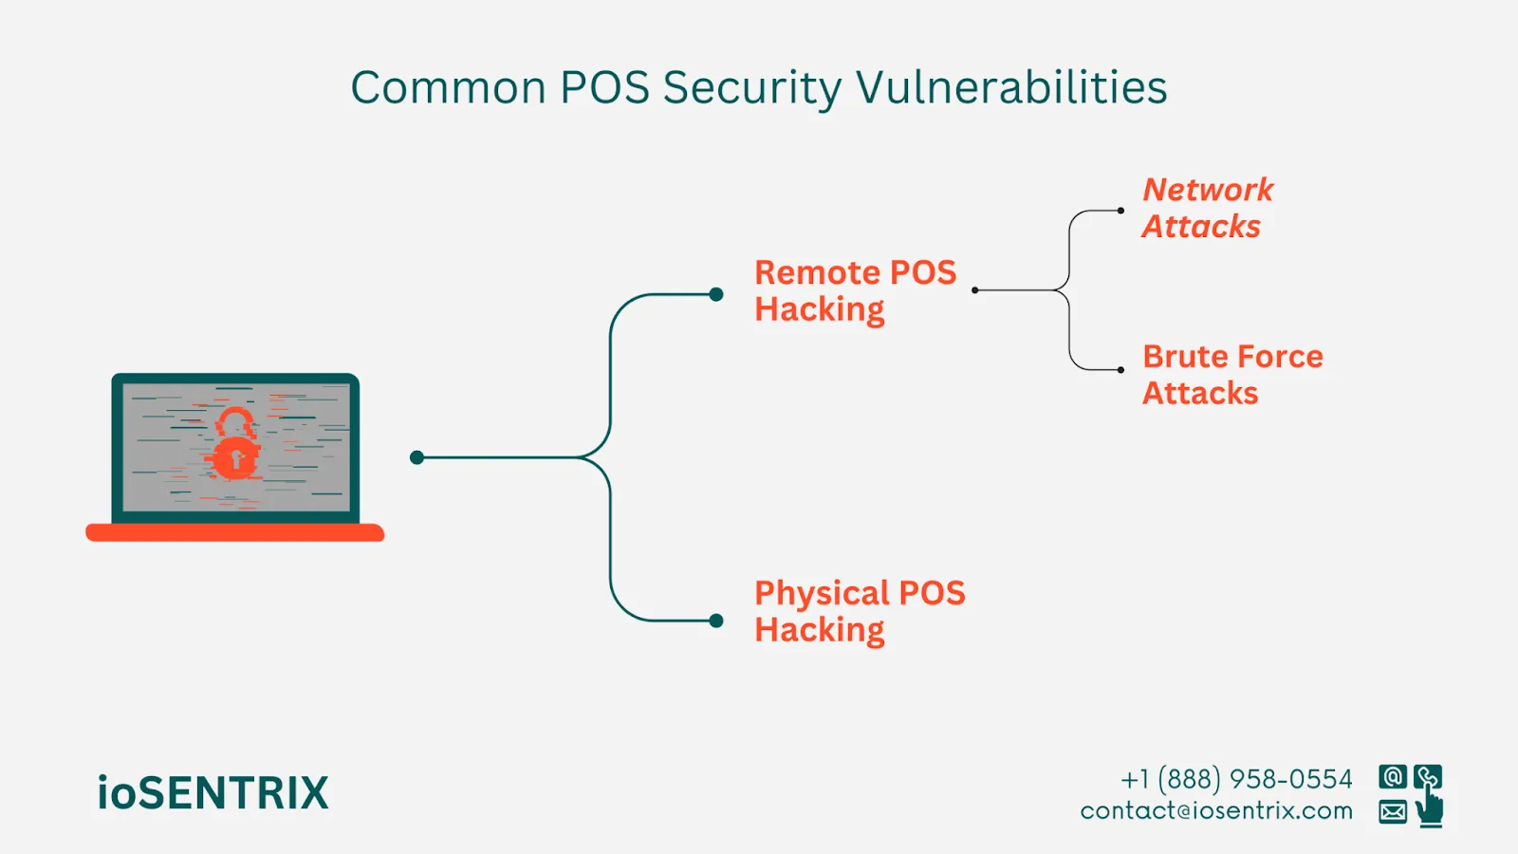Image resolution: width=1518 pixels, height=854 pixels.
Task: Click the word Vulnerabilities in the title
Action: point(1011,87)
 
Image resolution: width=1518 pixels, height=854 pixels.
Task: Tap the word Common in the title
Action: point(448,87)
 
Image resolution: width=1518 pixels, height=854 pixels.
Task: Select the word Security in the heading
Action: point(751,89)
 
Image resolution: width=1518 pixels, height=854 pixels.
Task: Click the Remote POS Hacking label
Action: point(855,290)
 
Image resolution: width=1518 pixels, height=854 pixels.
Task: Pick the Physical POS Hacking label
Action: point(860,611)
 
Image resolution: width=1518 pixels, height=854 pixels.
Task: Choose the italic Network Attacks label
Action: point(1207,208)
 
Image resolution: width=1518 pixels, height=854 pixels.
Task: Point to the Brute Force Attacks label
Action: point(1231,374)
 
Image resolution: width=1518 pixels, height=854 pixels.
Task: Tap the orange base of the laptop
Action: point(234,532)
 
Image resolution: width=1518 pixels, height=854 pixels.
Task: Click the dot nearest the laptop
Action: point(417,457)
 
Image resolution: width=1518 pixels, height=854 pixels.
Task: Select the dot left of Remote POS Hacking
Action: point(716,294)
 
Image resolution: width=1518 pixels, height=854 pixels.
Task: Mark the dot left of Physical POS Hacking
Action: point(716,621)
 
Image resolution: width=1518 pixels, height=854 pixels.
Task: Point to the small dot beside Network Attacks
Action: point(1120,211)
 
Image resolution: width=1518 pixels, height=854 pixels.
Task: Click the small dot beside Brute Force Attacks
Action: point(1120,370)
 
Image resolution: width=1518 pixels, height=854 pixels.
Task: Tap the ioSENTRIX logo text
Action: point(213,793)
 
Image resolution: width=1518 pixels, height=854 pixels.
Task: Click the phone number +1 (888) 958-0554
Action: point(1236,779)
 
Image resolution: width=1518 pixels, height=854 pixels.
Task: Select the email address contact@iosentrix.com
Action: point(1216,810)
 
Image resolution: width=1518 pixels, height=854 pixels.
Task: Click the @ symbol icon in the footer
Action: point(1392,777)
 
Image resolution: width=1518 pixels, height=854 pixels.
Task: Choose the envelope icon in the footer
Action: point(1392,811)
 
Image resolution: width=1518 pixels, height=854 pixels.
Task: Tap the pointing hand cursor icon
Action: point(1430,808)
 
